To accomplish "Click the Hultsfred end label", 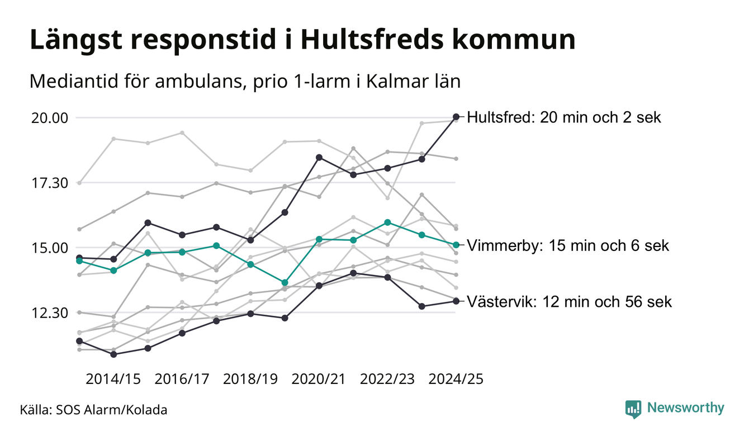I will coord(563,118).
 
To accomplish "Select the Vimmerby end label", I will coord(567,246).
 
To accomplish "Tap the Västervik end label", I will coord(569,302).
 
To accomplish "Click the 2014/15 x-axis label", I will coord(113,379).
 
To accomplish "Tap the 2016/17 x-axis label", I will coord(182,379).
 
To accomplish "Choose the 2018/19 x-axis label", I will coord(250,379).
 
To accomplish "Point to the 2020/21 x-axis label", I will coord(319,379).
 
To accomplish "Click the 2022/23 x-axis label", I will coord(387,379).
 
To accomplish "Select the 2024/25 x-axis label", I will coord(456,379).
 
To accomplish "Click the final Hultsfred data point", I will coord(456,117).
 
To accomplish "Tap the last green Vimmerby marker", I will coord(456,245).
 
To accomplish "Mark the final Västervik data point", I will coord(456,301).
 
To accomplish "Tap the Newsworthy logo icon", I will coord(633,409).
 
